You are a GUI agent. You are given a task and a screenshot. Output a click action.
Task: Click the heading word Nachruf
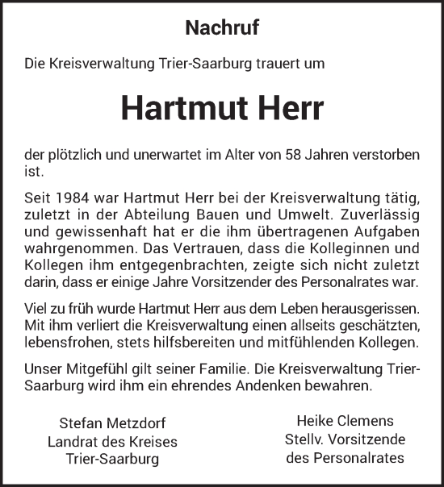pyautogui.click(x=222, y=28)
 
